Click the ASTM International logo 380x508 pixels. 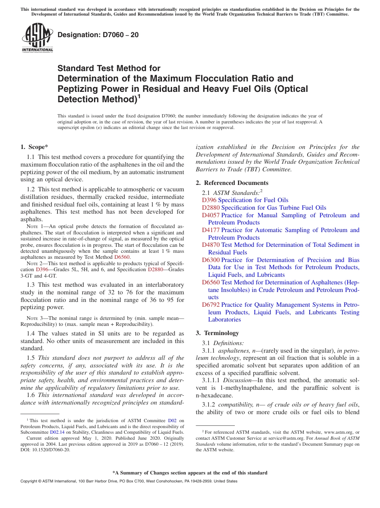pyautogui.click(x=37, y=38)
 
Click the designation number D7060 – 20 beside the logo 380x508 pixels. pyautogui.click(x=98, y=35)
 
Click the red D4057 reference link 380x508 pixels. pyautogui.click(x=210, y=215)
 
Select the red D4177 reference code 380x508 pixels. pyautogui.click(x=210, y=230)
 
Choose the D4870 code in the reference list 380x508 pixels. pyautogui.click(x=210, y=245)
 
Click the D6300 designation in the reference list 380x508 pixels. pyautogui.click(x=210, y=260)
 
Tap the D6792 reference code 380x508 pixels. pyautogui.click(x=210, y=305)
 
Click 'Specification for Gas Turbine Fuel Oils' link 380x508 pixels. pyautogui.click(x=274, y=208)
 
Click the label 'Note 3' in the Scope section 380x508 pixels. pyautogui.click(x=32, y=318)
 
